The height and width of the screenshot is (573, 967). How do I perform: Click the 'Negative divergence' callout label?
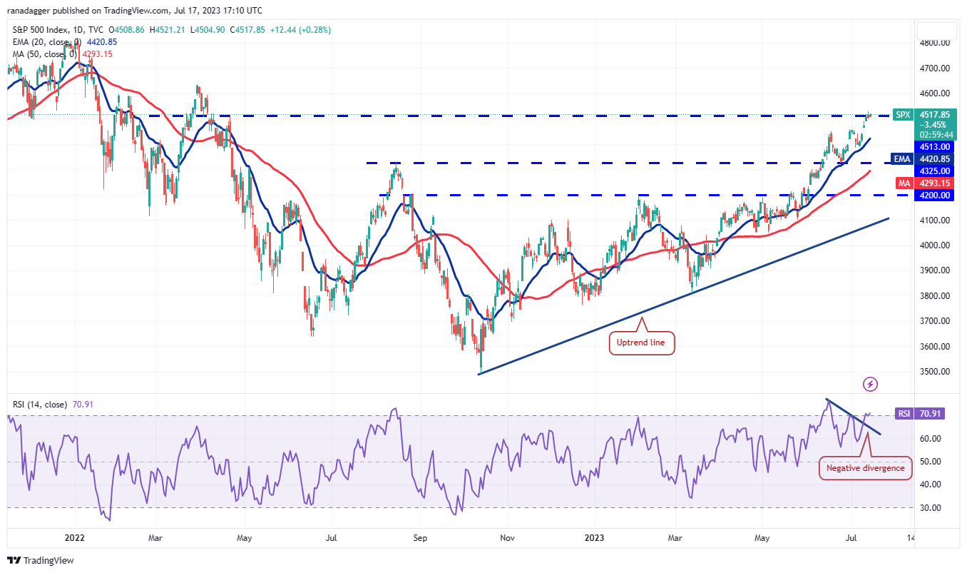pyautogui.click(x=865, y=468)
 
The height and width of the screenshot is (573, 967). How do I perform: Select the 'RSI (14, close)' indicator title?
pyautogui.click(x=39, y=405)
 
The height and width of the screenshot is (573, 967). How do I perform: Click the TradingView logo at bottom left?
pyautogui.click(x=41, y=560)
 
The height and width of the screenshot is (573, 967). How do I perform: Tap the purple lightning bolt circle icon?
pyautogui.click(x=870, y=385)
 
